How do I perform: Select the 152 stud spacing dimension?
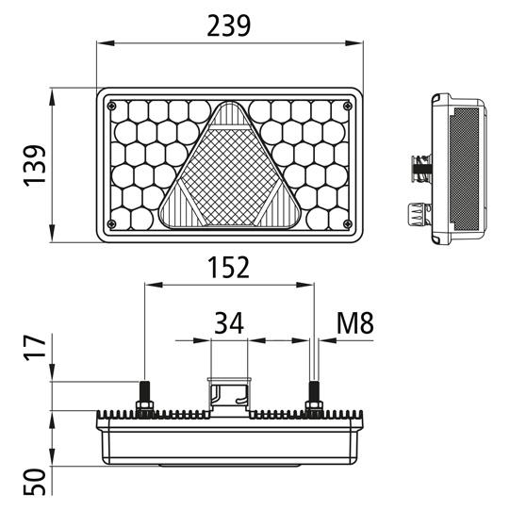coord(228,268)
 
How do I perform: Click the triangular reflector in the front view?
coord(231,174)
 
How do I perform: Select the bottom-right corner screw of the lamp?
coord(350,223)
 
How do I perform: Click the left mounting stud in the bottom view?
coord(145,395)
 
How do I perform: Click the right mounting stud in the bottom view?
coord(313,395)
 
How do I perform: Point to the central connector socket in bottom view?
coord(229,396)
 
